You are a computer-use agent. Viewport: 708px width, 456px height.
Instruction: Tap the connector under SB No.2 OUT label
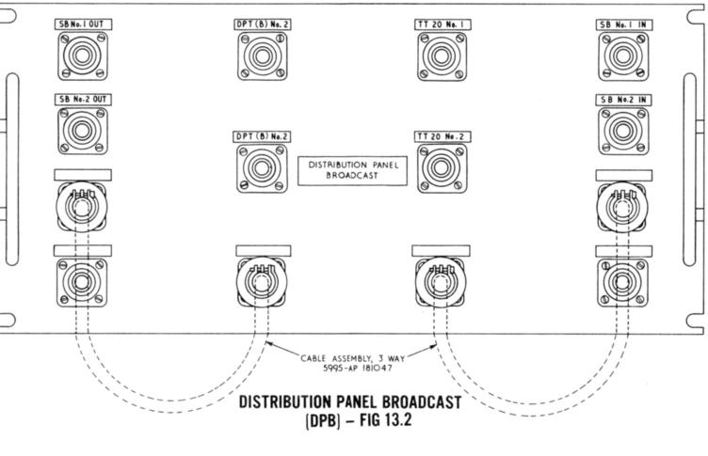[83, 130]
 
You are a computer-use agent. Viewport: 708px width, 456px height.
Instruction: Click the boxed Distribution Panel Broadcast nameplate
[353, 170]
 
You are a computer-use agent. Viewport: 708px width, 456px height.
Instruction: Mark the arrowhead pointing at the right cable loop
[433, 347]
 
